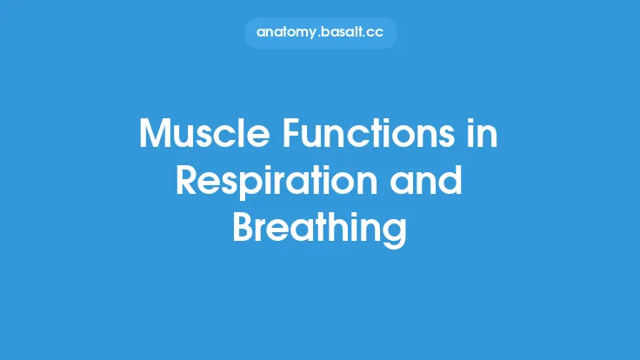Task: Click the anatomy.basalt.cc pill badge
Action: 320,32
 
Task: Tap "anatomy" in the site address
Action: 288,32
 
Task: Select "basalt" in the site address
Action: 343,32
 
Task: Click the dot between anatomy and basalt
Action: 320,36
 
